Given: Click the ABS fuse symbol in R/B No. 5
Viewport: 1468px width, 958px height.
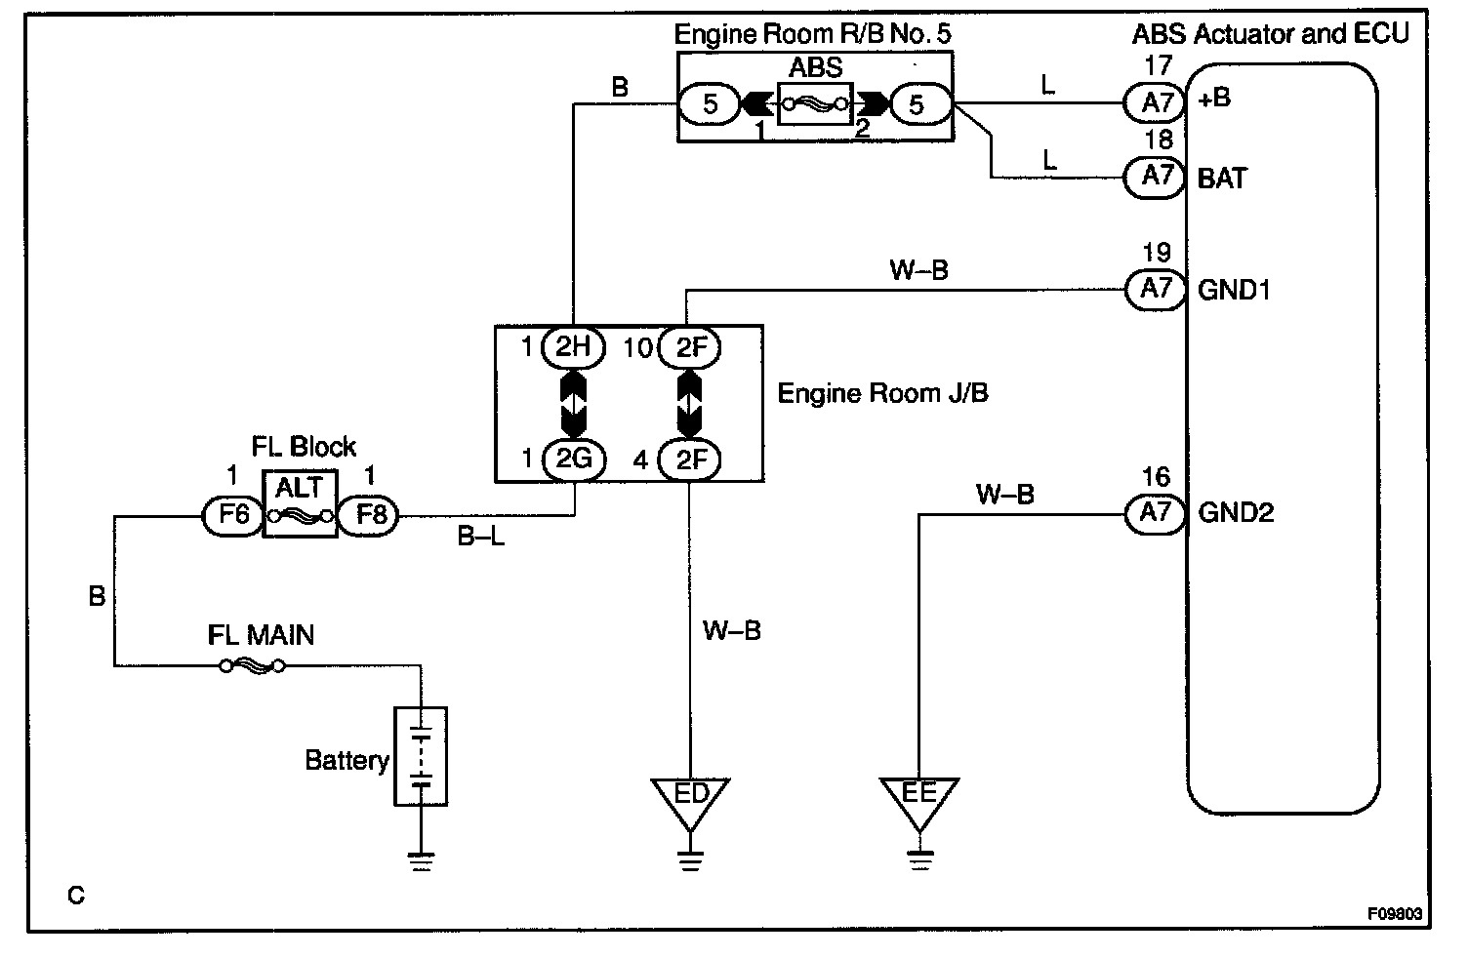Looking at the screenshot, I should pos(815,103).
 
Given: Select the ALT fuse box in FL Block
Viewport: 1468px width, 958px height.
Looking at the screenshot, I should pos(300,503).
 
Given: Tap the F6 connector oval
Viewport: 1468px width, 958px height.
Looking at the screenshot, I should pos(232,514).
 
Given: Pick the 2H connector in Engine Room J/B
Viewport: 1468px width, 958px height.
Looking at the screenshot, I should pos(573,346).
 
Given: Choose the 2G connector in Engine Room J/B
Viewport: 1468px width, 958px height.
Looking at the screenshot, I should pos(573,459).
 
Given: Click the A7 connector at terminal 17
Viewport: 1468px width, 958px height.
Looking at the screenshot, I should pos(1157,101).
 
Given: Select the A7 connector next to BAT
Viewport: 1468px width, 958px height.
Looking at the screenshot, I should pos(1157,177).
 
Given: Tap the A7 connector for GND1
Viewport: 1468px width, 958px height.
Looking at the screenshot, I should pos(1157,289).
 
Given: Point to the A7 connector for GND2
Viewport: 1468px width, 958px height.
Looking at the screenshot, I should pos(1157,512).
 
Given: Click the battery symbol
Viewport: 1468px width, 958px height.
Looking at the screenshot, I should pos(421,757).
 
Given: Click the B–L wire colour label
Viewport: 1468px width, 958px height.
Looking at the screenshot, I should pos(481,537).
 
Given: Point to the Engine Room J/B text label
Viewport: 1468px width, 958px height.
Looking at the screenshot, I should pos(882,393).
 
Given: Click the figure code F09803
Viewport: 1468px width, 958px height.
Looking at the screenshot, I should pos(1394,915).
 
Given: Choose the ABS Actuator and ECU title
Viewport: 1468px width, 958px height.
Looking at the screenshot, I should pos(1270,34).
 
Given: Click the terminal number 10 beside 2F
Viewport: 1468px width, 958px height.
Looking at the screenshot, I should pos(637,347).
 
